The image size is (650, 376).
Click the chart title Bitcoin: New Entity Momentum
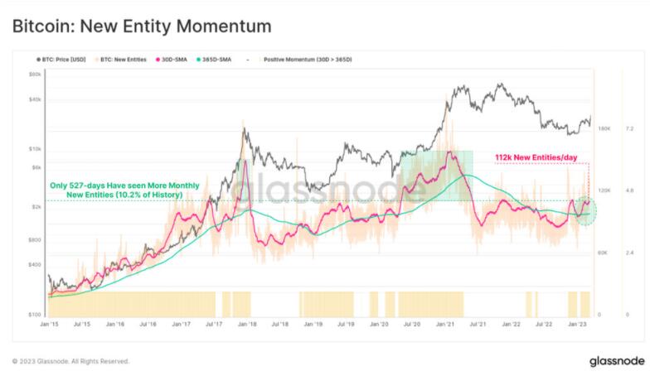(x=142, y=27)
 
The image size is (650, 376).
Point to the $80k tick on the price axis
(x=35, y=74)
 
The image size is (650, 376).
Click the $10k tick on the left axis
(x=35, y=149)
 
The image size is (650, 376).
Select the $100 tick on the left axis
(x=35, y=315)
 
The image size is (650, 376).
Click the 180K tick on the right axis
(x=604, y=128)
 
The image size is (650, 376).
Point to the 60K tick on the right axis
(x=603, y=253)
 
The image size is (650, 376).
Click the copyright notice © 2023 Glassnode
(x=70, y=361)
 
